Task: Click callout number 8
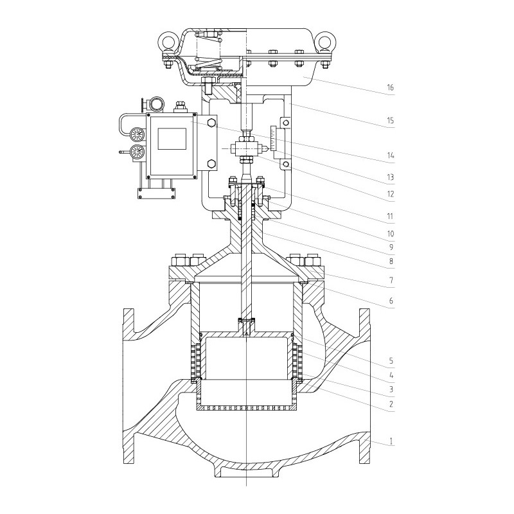coord(390,262)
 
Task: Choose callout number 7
coord(390,281)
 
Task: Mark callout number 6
coord(390,299)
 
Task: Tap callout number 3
coord(390,389)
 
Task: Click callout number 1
coord(390,443)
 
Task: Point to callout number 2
coord(390,405)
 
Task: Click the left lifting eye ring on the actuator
coord(168,43)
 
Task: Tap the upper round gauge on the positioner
coord(136,134)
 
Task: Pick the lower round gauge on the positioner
coord(136,152)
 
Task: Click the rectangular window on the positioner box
coord(172,137)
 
